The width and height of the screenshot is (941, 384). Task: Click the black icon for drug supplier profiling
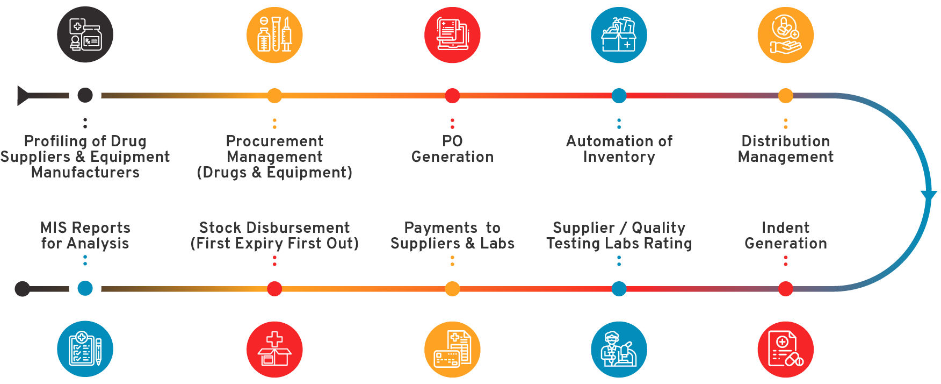[85, 34]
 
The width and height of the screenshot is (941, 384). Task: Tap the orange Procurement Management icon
[274, 35]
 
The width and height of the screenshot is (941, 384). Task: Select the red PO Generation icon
[452, 35]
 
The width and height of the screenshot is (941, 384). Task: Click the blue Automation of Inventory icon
[619, 35]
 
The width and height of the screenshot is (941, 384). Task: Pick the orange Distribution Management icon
[785, 35]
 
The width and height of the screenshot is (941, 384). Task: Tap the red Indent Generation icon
[785, 350]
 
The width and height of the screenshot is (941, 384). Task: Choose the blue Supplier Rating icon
[619, 350]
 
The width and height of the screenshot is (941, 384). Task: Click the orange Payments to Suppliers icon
[452, 350]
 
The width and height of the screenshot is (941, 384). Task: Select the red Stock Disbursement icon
[274, 350]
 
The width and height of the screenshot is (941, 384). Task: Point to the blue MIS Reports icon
[85, 349]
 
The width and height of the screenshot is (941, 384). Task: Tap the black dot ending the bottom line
[22, 289]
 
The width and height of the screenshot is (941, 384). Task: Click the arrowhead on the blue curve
[929, 195]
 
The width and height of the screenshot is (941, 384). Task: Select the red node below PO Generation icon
[452, 96]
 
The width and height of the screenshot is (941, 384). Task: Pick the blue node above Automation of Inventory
[619, 96]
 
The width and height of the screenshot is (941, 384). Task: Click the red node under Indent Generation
[785, 289]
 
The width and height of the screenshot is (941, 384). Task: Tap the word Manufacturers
[85, 173]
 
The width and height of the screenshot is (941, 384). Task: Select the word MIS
[53, 228]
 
